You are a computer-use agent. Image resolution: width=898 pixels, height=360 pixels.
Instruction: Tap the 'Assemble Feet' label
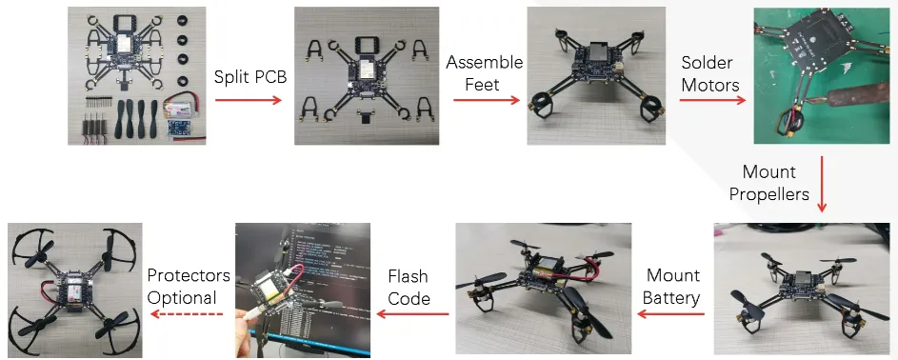[x=485, y=72]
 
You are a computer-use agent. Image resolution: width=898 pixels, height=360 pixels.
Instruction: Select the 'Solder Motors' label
[x=709, y=73]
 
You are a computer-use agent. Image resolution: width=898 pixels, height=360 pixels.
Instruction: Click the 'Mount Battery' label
[x=673, y=287]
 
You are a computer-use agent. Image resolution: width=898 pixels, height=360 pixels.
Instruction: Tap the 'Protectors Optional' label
[x=188, y=286]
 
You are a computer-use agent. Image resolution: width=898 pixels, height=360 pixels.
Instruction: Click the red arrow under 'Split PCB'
[x=250, y=98]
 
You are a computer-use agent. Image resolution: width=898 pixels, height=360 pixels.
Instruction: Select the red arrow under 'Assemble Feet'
[x=485, y=98]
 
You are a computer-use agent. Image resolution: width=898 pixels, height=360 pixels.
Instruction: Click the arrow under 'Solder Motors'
[x=709, y=98]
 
